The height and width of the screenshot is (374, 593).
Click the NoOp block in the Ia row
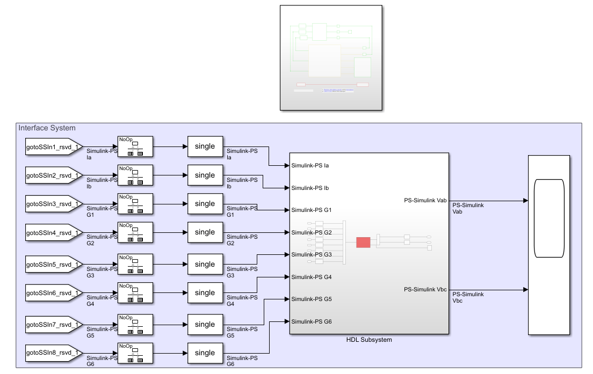(x=135, y=146)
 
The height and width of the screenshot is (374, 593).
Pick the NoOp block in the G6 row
(x=135, y=353)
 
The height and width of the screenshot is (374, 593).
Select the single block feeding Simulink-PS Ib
(x=205, y=175)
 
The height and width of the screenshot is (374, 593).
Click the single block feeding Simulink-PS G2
(x=205, y=232)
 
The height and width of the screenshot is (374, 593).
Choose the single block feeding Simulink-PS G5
(x=205, y=324)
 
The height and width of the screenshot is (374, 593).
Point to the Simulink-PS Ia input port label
(x=310, y=166)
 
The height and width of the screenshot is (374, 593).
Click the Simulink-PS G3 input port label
(x=312, y=254)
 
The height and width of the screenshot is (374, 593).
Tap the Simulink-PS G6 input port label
(x=312, y=321)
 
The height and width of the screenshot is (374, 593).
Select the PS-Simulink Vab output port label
(x=425, y=201)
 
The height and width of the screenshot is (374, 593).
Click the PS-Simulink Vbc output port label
(x=425, y=290)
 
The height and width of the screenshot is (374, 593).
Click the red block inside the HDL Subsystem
(x=363, y=242)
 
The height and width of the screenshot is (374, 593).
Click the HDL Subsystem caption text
(x=369, y=340)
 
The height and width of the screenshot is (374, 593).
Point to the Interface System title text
(x=47, y=128)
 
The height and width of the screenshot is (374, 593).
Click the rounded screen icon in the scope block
(x=549, y=218)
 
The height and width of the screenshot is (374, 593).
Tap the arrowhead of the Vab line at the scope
(x=525, y=201)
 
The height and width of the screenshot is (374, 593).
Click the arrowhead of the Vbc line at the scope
(x=525, y=290)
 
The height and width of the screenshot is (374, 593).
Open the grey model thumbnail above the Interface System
(x=331, y=57)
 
